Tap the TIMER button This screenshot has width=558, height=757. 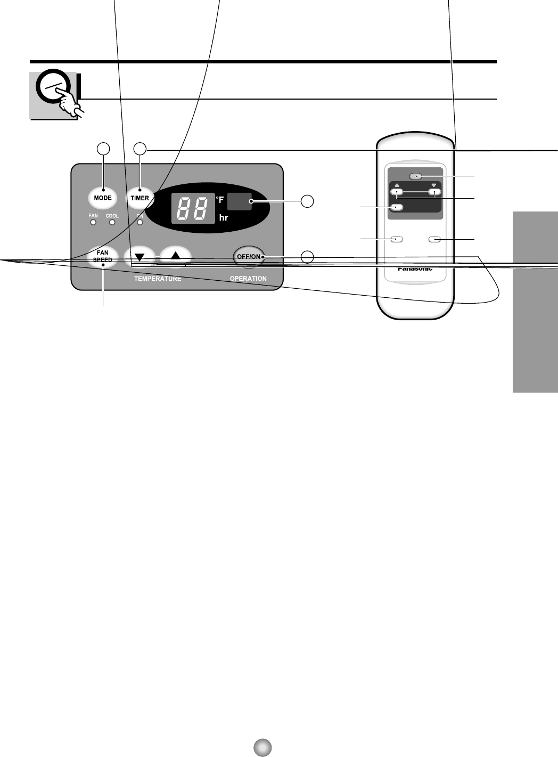(x=140, y=198)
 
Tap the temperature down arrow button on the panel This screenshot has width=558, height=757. (x=139, y=256)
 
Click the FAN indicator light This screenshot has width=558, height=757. (x=93, y=222)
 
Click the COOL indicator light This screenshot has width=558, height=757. (x=112, y=222)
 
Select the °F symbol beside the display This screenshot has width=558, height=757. (x=220, y=200)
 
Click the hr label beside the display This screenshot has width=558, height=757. (x=224, y=217)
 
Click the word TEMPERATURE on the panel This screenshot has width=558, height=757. (x=157, y=279)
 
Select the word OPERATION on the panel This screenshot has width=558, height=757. (x=248, y=279)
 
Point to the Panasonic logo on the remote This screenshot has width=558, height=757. (x=415, y=268)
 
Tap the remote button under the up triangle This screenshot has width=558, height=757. (x=397, y=193)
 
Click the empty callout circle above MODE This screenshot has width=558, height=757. (x=103, y=149)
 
